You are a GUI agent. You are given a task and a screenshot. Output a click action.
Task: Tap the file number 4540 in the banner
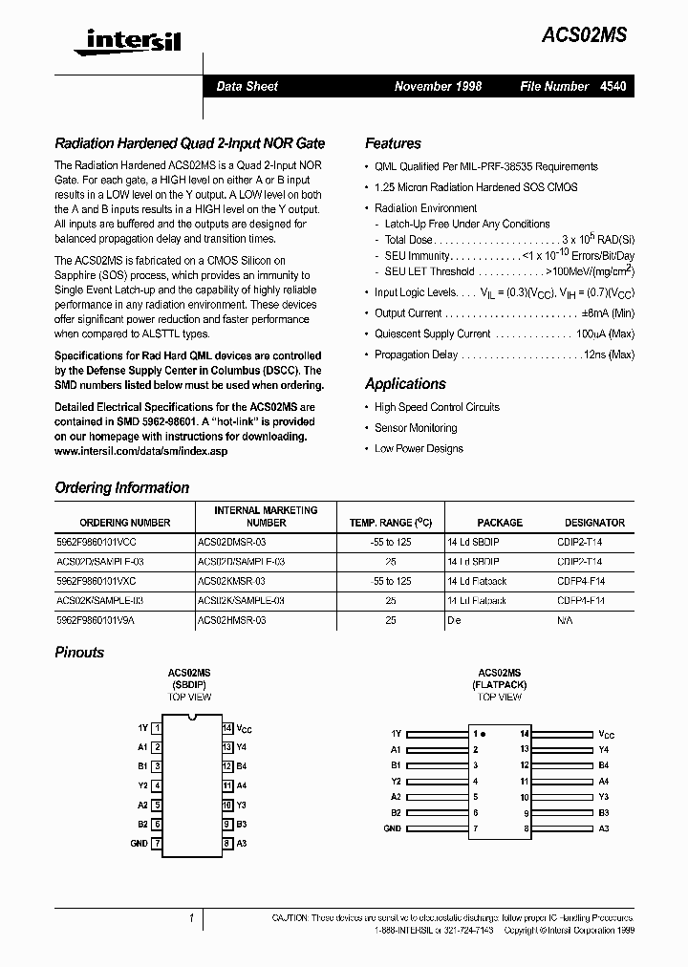613,86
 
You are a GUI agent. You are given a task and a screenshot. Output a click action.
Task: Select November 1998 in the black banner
438,86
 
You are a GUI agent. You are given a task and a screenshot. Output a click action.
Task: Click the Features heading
393,143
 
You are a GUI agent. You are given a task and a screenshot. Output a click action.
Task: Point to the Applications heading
405,383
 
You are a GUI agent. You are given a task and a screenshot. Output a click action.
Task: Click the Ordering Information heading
122,487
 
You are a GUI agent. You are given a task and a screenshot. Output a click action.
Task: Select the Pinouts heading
79,652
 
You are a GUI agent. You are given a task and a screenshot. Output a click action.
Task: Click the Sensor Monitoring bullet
416,428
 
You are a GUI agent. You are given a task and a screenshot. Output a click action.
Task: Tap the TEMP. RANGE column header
390,523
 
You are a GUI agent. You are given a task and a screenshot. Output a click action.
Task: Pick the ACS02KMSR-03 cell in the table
230,581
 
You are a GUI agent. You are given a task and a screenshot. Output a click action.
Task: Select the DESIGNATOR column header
594,523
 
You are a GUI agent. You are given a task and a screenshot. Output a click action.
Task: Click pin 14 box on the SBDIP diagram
227,728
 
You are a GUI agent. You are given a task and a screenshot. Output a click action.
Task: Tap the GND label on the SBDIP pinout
139,843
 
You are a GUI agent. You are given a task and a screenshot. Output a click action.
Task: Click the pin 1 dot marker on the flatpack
484,734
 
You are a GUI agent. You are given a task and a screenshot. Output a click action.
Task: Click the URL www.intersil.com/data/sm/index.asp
140,451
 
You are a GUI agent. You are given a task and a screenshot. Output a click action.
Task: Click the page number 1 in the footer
191,918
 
